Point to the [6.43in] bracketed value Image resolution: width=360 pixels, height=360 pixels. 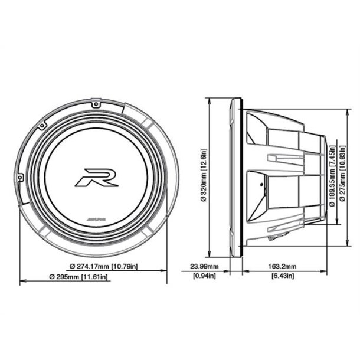coord(286,276)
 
